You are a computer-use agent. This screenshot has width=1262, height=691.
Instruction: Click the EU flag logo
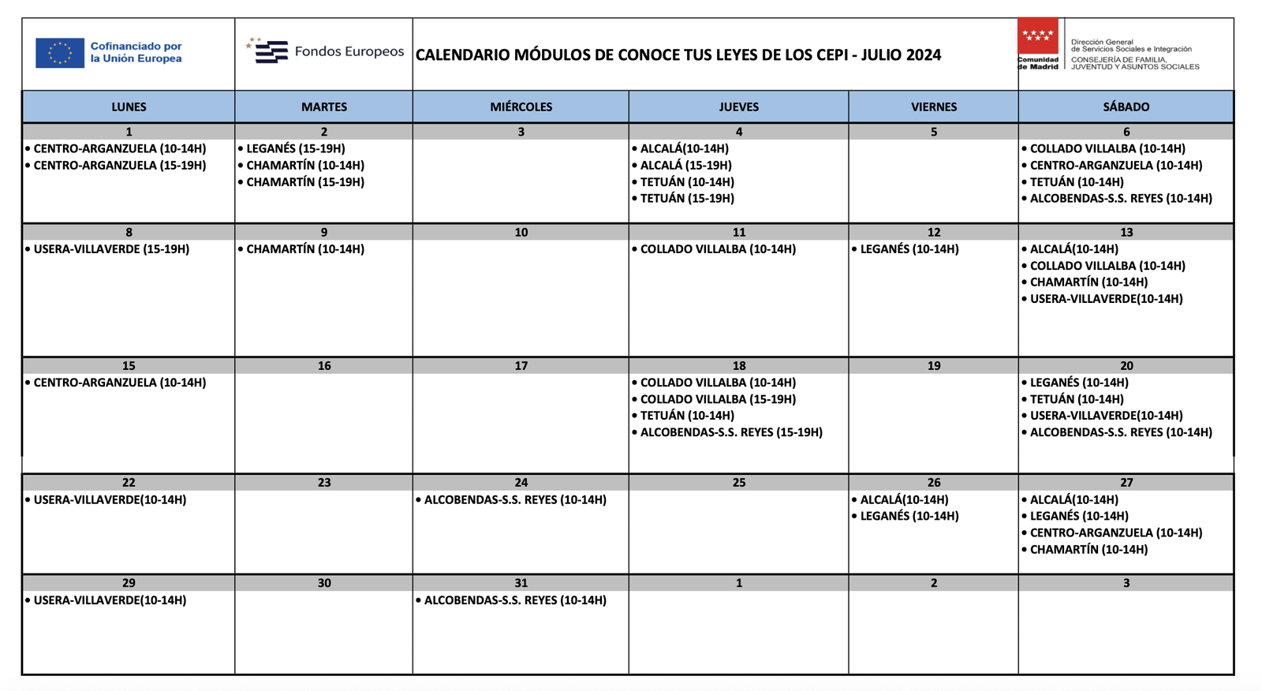[x=60, y=53]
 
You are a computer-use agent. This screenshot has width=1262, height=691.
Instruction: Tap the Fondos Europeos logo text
[x=349, y=52]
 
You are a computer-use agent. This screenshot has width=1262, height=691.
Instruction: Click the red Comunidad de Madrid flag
[x=1037, y=36]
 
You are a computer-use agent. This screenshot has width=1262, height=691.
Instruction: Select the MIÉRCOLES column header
[x=521, y=106]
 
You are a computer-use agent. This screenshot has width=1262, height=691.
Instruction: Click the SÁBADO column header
[x=1126, y=106]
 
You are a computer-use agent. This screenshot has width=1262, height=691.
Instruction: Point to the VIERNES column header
[x=933, y=106]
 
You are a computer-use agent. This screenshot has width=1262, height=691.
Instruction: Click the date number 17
[x=521, y=366]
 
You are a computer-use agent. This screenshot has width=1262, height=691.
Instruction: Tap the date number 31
[x=521, y=583]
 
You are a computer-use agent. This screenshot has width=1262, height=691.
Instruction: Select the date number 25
[x=738, y=483]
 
